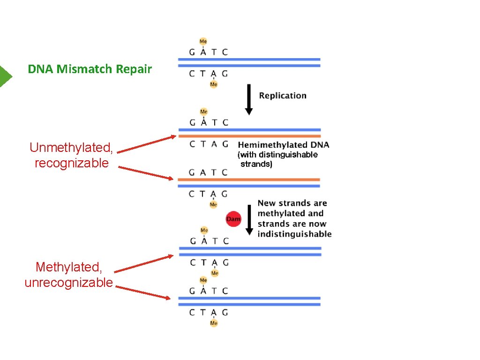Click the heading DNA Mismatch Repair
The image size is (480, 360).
(x=90, y=69)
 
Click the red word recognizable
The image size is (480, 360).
(x=71, y=163)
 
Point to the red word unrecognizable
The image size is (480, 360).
(x=68, y=283)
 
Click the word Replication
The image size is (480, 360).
(x=283, y=96)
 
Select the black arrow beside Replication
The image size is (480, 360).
(x=249, y=99)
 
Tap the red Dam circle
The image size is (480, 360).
(x=233, y=219)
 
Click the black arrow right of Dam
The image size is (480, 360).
(x=249, y=220)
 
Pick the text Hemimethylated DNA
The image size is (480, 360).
(x=284, y=145)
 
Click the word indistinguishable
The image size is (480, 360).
(x=294, y=234)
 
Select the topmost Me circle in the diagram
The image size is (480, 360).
(x=203, y=41)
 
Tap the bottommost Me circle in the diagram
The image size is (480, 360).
(x=214, y=323)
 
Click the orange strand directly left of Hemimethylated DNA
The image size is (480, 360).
(x=249, y=136)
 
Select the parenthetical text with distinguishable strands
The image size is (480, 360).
(x=278, y=159)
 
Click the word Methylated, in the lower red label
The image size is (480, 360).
(x=68, y=267)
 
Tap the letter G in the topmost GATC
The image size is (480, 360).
(x=192, y=52)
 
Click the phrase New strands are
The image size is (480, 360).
(x=292, y=203)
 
